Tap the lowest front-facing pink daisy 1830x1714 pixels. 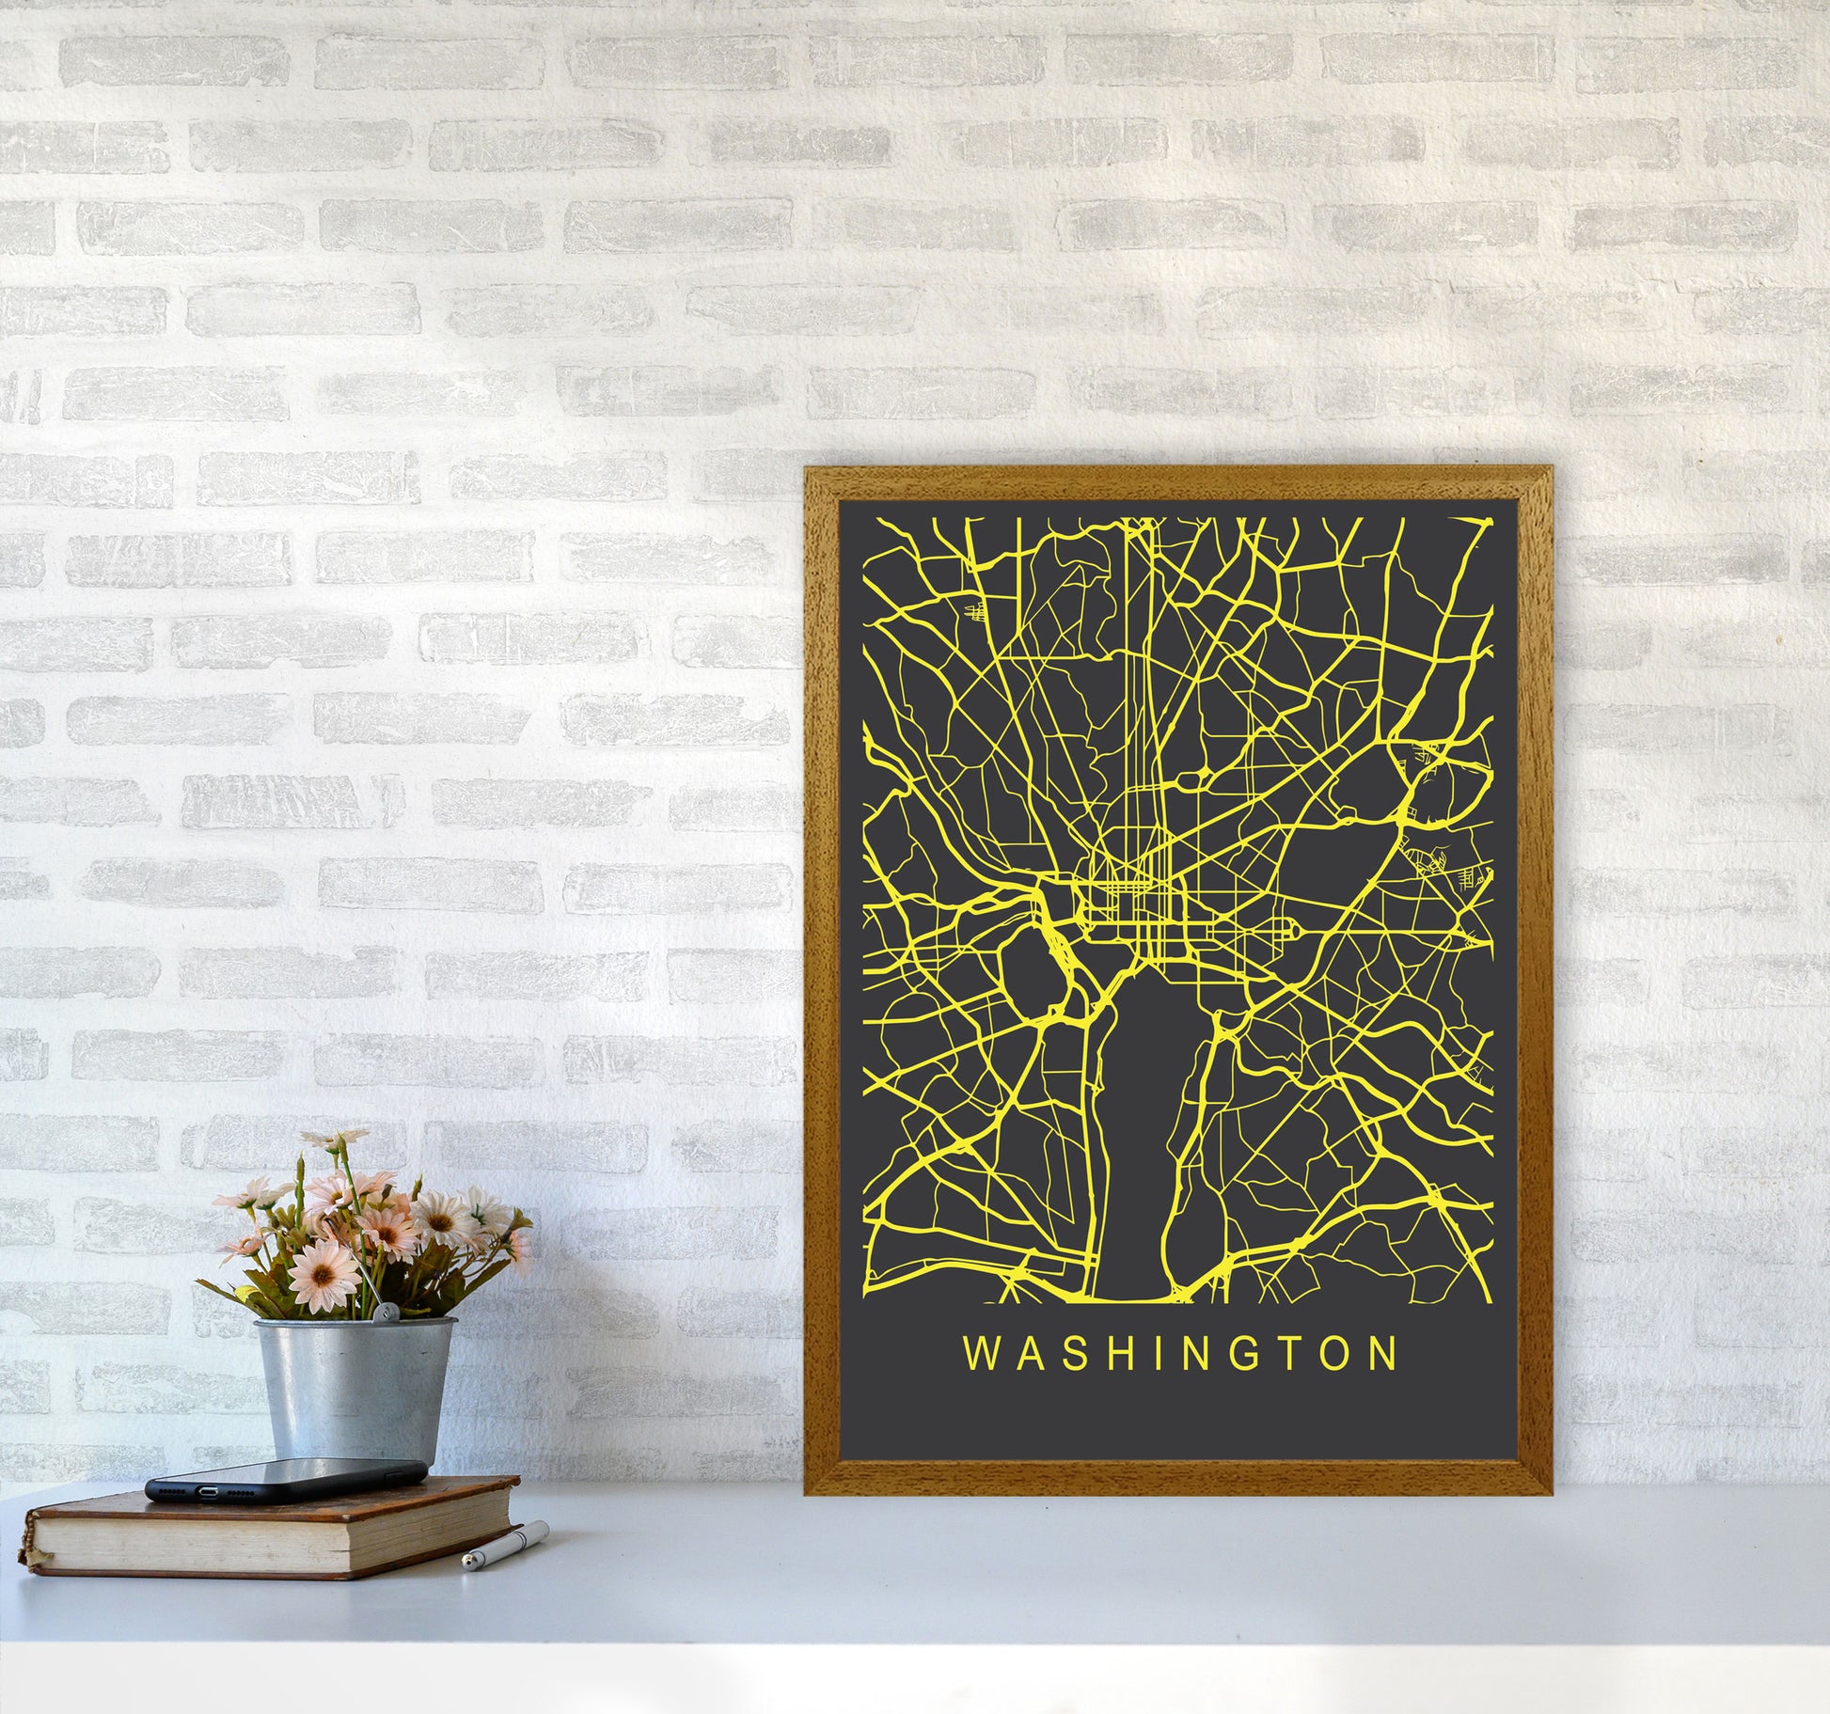pos(323,1272)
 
